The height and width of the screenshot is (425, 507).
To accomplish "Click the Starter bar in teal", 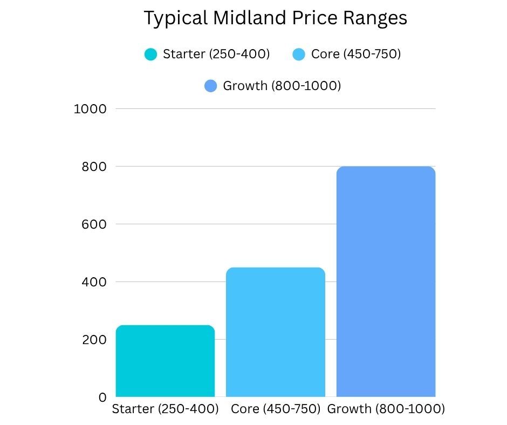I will pos(165,361).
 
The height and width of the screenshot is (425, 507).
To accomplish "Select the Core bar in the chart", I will pos(276,332).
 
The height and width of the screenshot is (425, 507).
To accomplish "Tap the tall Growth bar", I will pos(386,282).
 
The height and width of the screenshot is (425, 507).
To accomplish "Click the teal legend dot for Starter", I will pos(151,54).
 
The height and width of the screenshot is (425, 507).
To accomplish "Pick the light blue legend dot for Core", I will pos(299,54).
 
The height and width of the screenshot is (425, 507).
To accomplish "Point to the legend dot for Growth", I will pos(211,86).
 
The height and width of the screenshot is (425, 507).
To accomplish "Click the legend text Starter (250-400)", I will pos(216,54).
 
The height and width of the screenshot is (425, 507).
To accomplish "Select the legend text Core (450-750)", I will pos(356,54).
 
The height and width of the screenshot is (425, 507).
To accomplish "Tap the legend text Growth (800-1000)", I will pos(282,86).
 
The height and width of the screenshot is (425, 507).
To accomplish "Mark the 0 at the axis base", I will pos(102,397).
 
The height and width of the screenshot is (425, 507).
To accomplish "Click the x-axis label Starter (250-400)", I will pos(165,409).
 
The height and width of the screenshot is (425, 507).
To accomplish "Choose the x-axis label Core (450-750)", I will pos(276,409).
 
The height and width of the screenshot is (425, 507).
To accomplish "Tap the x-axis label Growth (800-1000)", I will pos(386,409).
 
